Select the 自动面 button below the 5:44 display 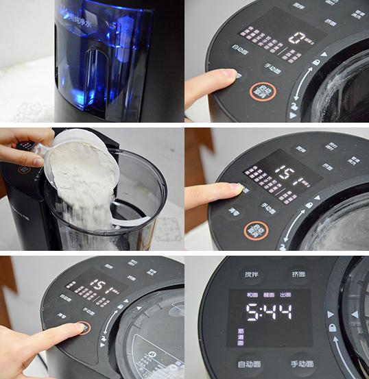pos(250,363)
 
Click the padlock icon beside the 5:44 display pos(331,328)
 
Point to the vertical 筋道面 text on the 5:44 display pos(239,334)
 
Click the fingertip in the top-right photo pos(231,74)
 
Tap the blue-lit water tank pos(103,55)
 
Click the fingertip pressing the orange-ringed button pos(81,328)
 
